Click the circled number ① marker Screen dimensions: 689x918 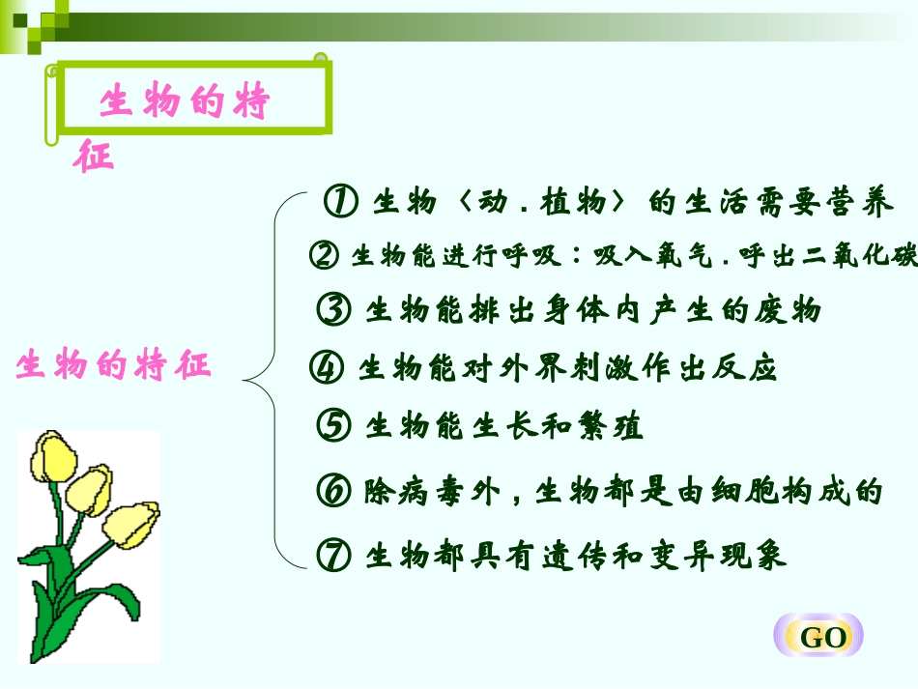[x=341, y=202]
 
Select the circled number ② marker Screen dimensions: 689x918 [x=324, y=256]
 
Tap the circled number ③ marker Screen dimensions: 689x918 [x=333, y=310]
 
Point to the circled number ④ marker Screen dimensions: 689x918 [x=327, y=369]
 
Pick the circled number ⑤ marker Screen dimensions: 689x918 [x=333, y=426]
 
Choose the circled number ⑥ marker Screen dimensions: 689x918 [x=333, y=492]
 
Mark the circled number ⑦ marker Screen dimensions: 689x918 [x=333, y=556]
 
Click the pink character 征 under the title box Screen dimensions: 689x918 [x=94, y=157]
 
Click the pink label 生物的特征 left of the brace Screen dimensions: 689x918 [x=113, y=366]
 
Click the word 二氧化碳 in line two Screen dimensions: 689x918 [x=861, y=256]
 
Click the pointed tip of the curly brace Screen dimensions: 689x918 [x=244, y=380]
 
